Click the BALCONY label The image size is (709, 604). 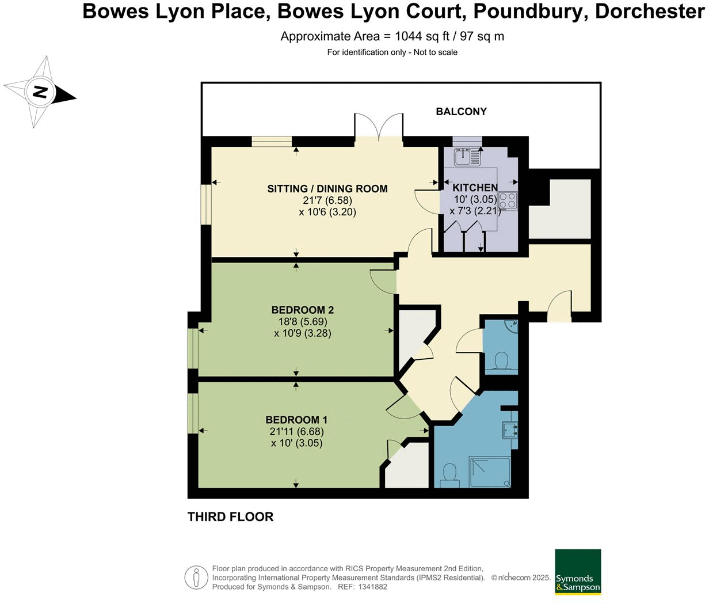click(461, 112)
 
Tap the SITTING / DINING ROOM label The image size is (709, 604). click(327, 189)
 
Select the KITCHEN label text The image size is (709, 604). click(475, 188)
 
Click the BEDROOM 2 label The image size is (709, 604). click(303, 310)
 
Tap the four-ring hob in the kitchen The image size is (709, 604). click(508, 200)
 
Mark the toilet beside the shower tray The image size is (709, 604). click(449, 475)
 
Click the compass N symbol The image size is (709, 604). click(40, 92)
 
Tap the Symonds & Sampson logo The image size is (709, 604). click(577, 572)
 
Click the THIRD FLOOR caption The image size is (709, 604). click(230, 517)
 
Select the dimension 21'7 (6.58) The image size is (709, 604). click(327, 200)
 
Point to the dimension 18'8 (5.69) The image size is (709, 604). click(303, 321)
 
